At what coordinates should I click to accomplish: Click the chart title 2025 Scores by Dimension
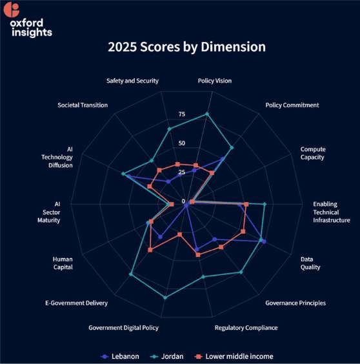coord(186,47)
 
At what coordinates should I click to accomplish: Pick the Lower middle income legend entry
coord(233,356)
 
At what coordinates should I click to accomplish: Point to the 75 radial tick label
coord(181,114)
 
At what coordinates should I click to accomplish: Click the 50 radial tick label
coord(181,143)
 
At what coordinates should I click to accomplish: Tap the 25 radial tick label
coord(181,172)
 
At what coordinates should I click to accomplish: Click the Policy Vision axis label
coord(214,81)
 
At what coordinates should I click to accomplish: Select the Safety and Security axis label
coord(132,81)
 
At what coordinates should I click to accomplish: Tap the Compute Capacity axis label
coord(312,153)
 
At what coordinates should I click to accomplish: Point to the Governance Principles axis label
coord(295,303)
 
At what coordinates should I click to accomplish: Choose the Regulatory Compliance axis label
coord(246,327)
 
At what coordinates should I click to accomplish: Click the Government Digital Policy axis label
coord(123,327)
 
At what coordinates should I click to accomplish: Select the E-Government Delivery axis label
coord(76,303)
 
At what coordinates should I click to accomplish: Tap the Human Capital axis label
coord(63,263)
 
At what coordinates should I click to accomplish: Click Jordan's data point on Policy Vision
coord(207,114)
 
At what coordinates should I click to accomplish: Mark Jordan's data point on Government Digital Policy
coord(165,298)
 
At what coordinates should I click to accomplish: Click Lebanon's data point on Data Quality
coord(265,242)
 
